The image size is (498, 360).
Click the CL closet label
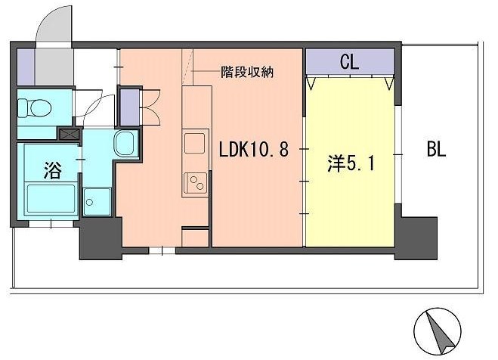coord(349,61)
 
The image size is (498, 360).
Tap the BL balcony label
coord(436,149)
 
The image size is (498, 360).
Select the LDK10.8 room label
coord(253,149)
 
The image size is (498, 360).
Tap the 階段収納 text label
coord(246,73)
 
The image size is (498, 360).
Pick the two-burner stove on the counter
coord(195,182)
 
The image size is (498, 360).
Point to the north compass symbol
coord(435,327)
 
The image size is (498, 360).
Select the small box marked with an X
coord(70,135)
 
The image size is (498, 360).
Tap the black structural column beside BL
coord(416,237)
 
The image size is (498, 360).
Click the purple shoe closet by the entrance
coord(25,67)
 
